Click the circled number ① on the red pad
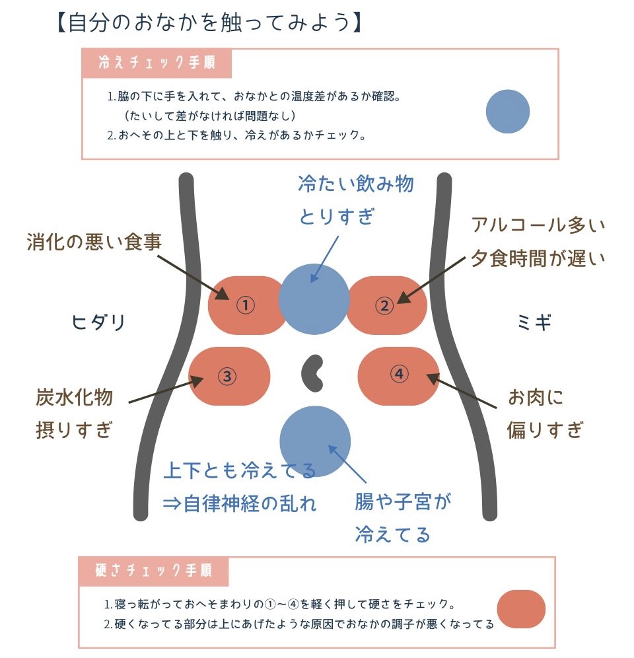pyautogui.click(x=246, y=305)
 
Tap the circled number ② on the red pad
pyautogui.click(x=384, y=305)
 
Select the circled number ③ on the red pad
pyautogui.click(x=227, y=376)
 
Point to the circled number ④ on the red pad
pyautogui.click(x=399, y=373)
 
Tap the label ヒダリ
pyautogui.click(x=98, y=322)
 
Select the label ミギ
pyautogui.click(x=534, y=322)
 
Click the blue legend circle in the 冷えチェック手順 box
pyautogui.click(x=508, y=112)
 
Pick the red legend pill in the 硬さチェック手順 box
pyautogui.click(x=521, y=609)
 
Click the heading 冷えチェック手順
pyautogui.click(x=157, y=63)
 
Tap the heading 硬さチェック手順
pyautogui.click(x=154, y=571)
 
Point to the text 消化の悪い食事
pyautogui.click(x=94, y=242)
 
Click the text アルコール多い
pyautogui.click(x=538, y=225)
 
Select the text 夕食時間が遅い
pyautogui.click(x=538, y=258)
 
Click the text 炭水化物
pyautogui.click(x=74, y=398)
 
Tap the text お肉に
pyautogui.click(x=536, y=398)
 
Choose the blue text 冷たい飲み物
pyautogui.click(x=356, y=184)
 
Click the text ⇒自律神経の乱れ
pyautogui.click(x=240, y=503)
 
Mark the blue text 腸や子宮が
pyautogui.click(x=403, y=501)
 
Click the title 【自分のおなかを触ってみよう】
pyautogui.click(x=209, y=22)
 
